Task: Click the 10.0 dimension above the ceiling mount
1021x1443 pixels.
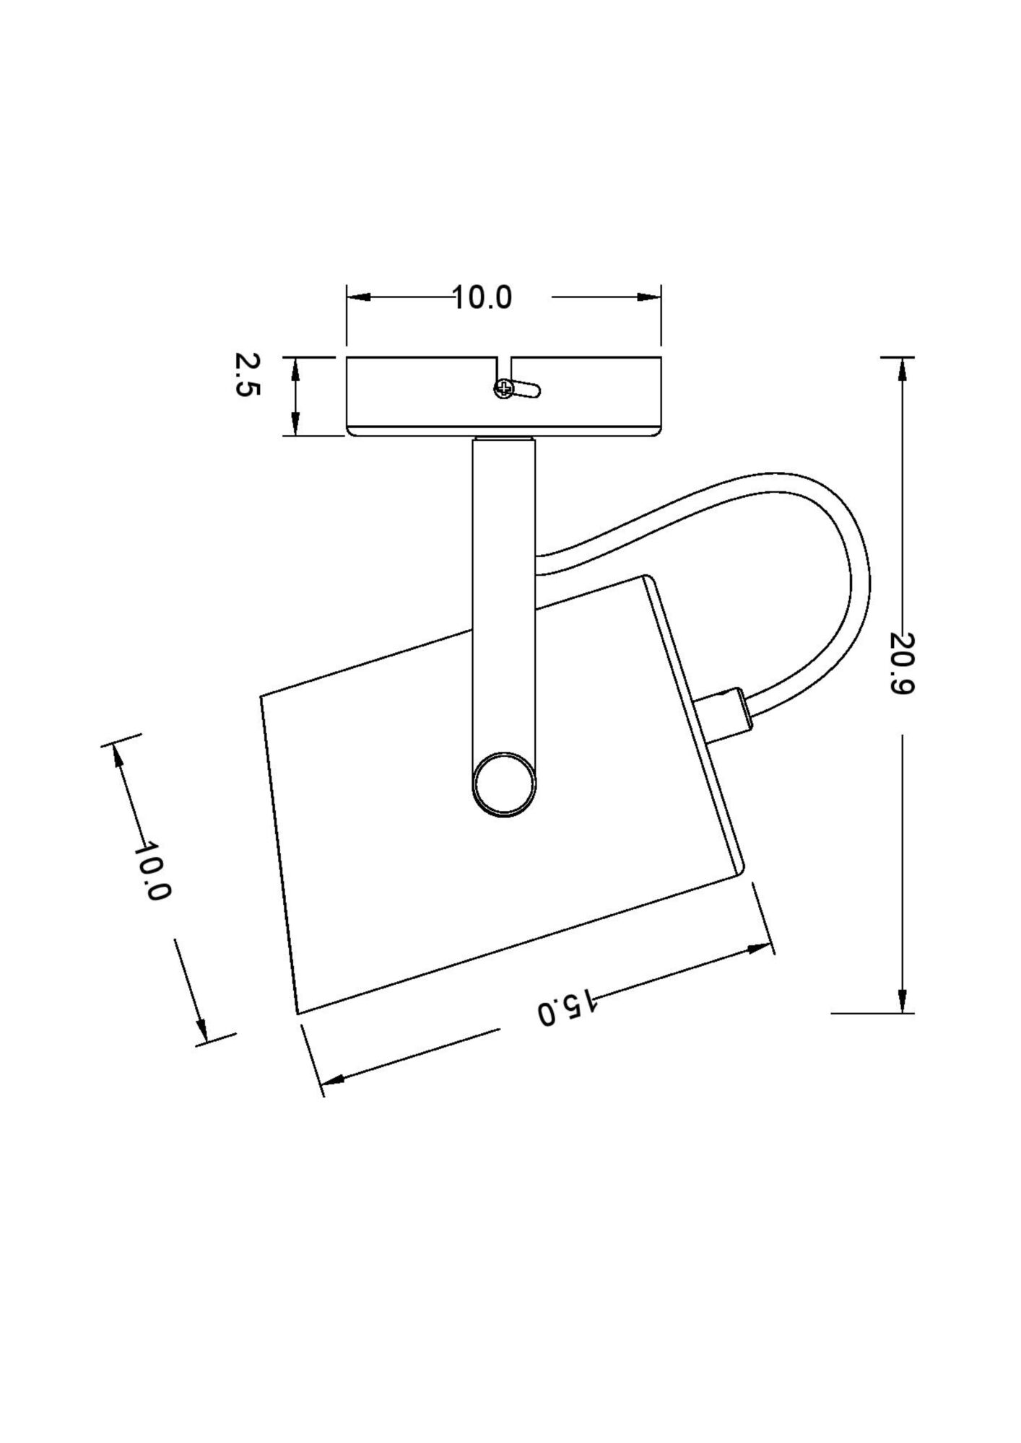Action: click(x=482, y=297)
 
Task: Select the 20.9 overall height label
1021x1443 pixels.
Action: click(x=902, y=663)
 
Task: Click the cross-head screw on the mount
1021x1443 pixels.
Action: click(x=503, y=390)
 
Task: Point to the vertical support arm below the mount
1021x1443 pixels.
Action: click(x=503, y=577)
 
